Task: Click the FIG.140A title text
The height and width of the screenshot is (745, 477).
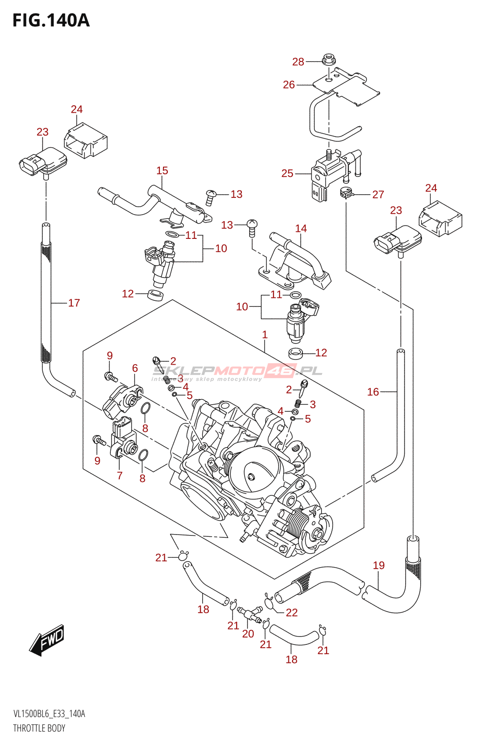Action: point(51,20)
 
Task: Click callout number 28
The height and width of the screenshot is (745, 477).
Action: point(298,61)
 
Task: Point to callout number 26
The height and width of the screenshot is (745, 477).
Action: point(289,84)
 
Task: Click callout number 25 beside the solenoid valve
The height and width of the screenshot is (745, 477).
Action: point(287,173)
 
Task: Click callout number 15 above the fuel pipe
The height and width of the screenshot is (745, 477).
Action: point(162,170)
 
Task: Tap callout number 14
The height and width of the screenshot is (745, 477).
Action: point(301,228)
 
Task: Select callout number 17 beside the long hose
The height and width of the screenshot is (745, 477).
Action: point(74,303)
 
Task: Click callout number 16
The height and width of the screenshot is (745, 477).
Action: point(373,392)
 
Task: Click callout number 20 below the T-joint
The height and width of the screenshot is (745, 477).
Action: point(248,633)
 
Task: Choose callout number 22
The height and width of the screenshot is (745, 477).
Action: point(292,612)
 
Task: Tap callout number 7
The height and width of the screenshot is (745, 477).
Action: point(120,475)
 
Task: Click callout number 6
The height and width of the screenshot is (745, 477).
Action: point(135,368)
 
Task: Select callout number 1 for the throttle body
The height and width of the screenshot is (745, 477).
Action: point(265,334)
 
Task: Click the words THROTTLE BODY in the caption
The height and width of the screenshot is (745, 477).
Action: point(39,728)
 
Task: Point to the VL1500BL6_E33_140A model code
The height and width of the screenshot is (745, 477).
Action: point(49,714)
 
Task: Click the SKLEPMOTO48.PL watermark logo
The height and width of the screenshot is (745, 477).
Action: point(238,371)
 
